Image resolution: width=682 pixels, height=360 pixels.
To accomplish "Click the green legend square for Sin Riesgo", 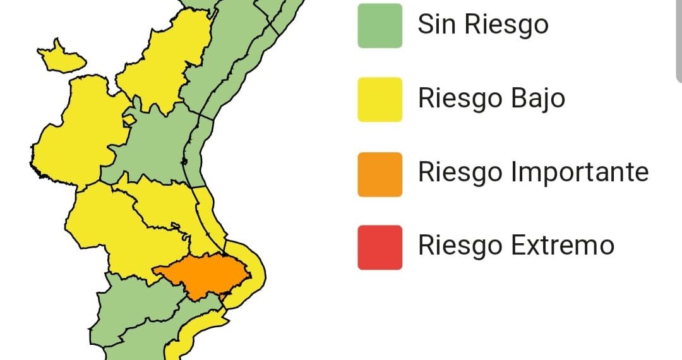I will point(380,26).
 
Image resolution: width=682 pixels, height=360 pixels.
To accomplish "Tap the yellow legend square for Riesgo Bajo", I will point(380,99).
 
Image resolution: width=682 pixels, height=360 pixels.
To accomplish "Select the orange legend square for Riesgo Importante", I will point(380,174).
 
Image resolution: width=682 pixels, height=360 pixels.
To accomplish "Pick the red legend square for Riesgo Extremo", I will point(380,247).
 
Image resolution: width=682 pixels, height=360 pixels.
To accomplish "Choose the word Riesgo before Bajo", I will point(460,99).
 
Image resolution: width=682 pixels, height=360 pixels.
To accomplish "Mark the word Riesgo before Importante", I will point(460,172).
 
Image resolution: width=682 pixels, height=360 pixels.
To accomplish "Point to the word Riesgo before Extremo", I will point(460,245).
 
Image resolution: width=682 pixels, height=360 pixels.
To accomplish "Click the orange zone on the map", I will point(205,273).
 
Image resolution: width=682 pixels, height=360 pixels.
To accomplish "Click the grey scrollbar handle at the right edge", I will point(679,38).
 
